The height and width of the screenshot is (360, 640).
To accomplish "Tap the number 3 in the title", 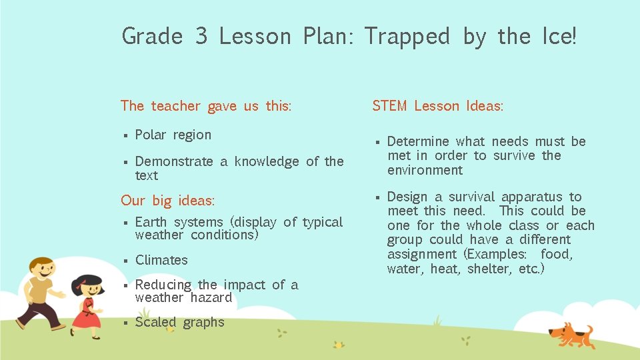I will (201, 37).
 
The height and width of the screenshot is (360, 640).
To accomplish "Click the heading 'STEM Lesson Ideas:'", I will (437, 106).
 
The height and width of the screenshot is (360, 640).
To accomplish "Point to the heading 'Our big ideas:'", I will (167, 201).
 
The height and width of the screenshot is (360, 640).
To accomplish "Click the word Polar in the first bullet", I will (149, 135).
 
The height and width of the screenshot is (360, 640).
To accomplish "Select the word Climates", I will (161, 260).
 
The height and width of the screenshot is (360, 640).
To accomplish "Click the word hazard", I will (211, 297).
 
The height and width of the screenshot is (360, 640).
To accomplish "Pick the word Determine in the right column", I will (417, 141).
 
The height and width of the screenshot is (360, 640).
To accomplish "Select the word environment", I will (425, 170).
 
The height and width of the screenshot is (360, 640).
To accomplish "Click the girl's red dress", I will (87, 314).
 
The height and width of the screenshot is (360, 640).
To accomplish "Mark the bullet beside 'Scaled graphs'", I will (125, 323).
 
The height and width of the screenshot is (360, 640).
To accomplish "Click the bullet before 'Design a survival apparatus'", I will (377, 197).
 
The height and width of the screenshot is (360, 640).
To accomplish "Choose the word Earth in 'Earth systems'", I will (151, 222).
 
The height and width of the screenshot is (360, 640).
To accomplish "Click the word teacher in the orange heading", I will (175, 106).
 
